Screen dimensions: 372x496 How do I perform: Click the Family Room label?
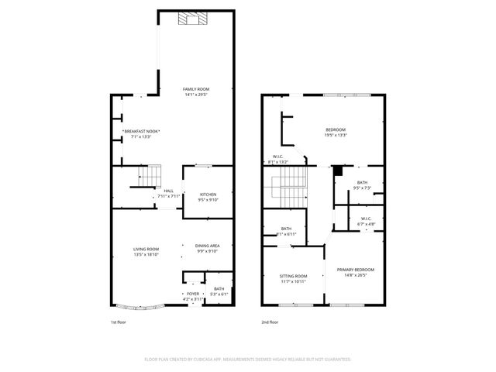195,91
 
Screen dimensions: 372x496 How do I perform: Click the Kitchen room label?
208,197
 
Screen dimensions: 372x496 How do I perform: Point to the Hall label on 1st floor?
168,193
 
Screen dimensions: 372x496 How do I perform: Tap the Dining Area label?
207,248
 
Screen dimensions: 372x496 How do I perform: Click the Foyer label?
192,296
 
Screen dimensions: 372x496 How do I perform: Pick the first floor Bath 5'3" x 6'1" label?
219,291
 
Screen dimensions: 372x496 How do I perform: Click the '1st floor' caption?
117,322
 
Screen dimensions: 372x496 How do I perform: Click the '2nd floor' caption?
269,322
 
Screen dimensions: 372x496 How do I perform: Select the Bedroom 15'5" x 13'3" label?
336,132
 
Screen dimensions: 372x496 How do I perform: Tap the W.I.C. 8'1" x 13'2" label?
277,160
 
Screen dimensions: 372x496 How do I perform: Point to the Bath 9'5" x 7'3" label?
362,184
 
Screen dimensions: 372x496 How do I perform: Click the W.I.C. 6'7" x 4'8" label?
366,221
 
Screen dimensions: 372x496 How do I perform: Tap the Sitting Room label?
294,277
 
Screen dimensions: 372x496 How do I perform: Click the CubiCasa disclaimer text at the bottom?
248,360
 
